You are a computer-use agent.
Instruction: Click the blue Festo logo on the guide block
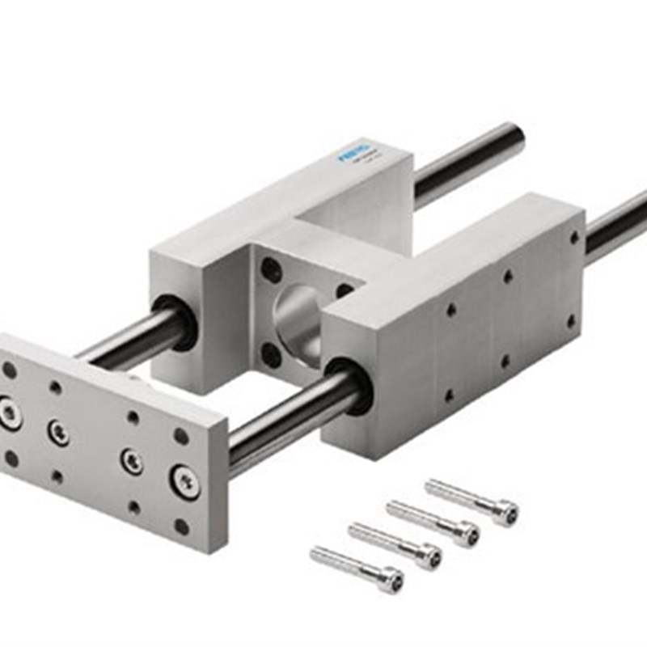[354, 152]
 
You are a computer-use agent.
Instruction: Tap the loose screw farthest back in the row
[472, 500]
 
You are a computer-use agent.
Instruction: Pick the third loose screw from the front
[433, 522]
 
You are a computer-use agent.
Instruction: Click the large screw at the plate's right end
[184, 482]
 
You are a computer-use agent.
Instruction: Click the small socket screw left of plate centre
[57, 431]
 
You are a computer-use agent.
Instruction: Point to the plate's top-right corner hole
[181, 436]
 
